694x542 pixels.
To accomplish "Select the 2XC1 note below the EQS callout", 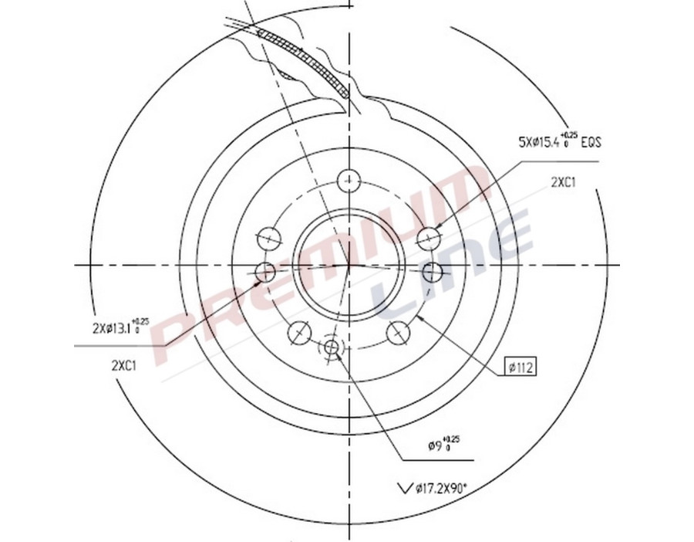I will pyautogui.click(x=564, y=182).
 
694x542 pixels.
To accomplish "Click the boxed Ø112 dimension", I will pyautogui.click(x=521, y=367).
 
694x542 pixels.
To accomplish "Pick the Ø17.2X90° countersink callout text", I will pyautogui.click(x=440, y=488).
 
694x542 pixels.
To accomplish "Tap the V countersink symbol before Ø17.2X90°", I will pyautogui.click(x=403, y=488).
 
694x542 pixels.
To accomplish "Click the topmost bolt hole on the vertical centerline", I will pyautogui.click(x=349, y=180).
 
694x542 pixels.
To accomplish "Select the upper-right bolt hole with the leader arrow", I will pyautogui.click(x=428, y=237).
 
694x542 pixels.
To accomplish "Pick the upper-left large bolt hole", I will pyautogui.click(x=269, y=237).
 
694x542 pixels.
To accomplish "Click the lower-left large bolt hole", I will pyautogui.click(x=299, y=333).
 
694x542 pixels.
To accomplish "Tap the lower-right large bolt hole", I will pyautogui.click(x=399, y=333).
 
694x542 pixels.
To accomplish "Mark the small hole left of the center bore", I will pyautogui.click(x=264, y=272).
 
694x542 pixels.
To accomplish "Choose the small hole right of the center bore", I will pyautogui.click(x=433, y=272).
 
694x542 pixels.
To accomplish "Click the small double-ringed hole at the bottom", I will pyautogui.click(x=333, y=348).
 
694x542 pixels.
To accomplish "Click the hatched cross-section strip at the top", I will pyautogui.click(x=308, y=60).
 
